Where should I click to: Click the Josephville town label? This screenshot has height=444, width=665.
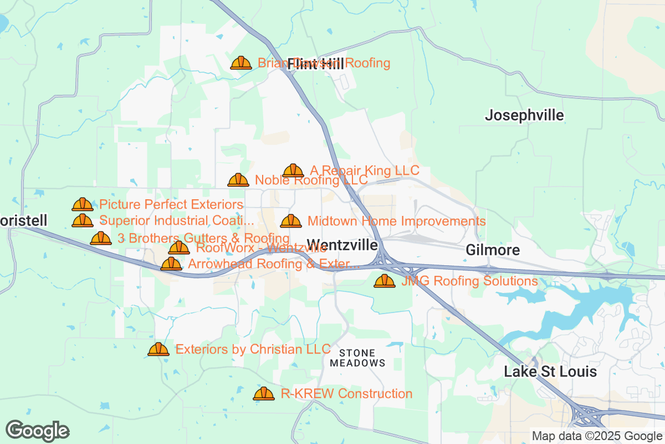pyautogui.click(x=524, y=115)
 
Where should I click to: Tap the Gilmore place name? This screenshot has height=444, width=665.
pyautogui.click(x=493, y=250)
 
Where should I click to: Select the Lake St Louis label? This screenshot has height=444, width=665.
pyautogui.click(x=550, y=372)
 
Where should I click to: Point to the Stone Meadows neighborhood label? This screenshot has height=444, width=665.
pyautogui.click(x=357, y=358)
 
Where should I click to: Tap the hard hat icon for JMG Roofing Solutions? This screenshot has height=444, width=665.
pyautogui.click(x=385, y=281)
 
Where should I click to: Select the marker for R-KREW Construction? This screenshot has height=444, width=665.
pyautogui.click(x=264, y=393)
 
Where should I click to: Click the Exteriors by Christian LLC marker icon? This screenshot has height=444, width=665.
pyautogui.click(x=158, y=349)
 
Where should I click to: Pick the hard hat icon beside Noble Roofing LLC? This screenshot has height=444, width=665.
pyautogui.click(x=238, y=180)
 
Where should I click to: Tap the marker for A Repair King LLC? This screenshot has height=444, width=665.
pyautogui.click(x=293, y=170)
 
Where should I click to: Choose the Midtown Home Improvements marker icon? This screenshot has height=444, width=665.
pyautogui.click(x=291, y=221)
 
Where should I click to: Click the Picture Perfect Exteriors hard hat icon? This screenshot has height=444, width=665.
pyautogui.click(x=83, y=205)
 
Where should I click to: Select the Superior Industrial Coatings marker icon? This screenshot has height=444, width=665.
pyautogui.click(x=83, y=221)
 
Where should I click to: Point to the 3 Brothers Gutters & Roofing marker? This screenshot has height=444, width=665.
pyautogui.click(x=101, y=238)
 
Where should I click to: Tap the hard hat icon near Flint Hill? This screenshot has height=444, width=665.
pyautogui.click(x=241, y=63)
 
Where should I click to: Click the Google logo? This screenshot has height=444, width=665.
pyautogui.click(x=38, y=431)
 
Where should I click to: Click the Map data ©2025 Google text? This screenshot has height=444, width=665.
pyautogui.click(x=596, y=436)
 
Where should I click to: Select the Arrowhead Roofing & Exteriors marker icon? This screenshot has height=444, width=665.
pyautogui.click(x=171, y=264)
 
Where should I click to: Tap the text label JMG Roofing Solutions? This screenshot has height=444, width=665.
pyautogui.click(x=469, y=281)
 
